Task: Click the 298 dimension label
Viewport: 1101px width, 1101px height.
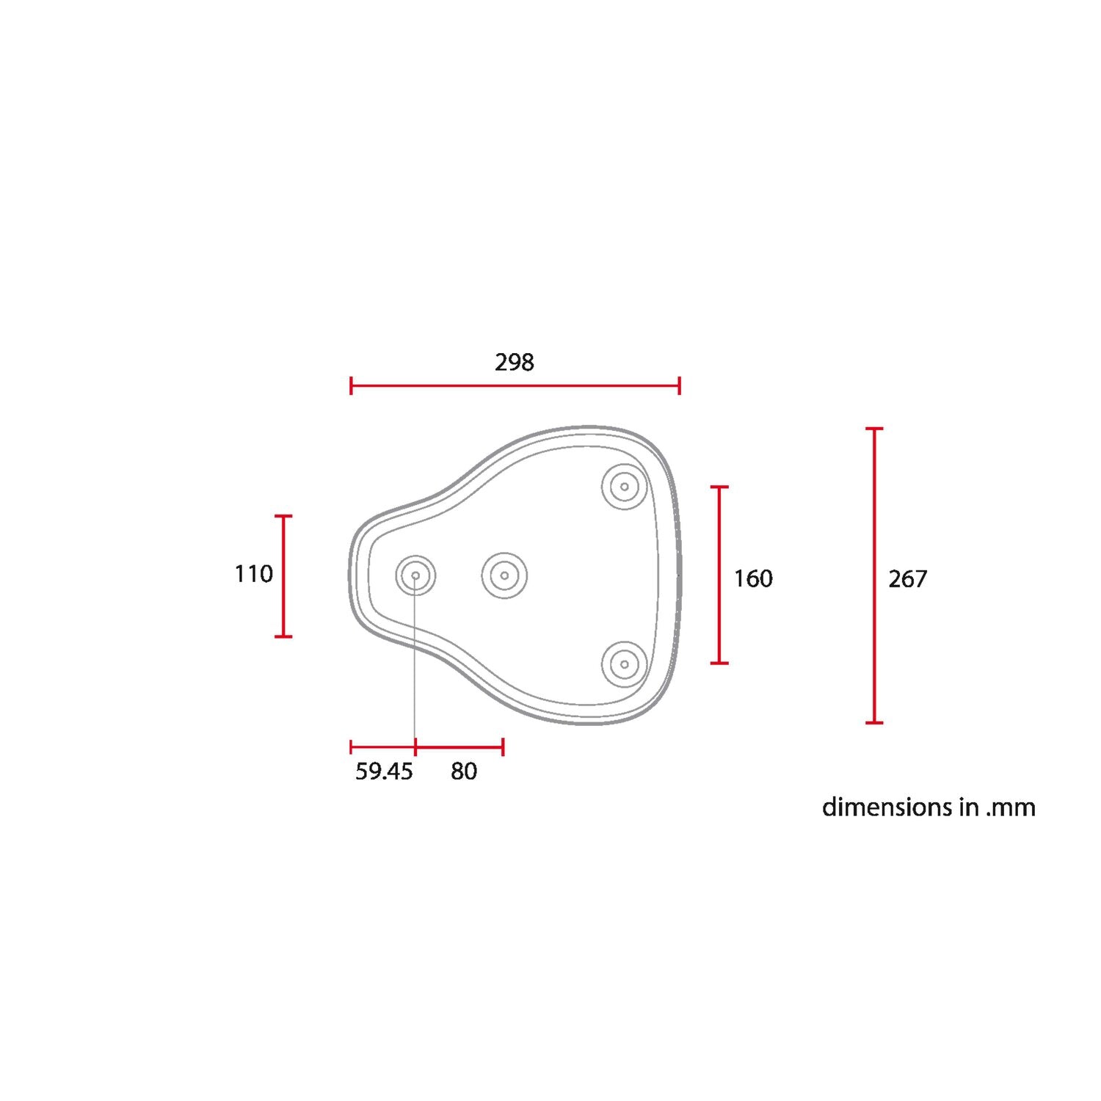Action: (x=514, y=362)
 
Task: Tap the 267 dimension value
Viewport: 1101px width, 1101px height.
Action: (x=908, y=579)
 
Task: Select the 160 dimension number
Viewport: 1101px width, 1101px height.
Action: (x=753, y=578)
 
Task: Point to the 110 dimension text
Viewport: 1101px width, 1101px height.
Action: (x=254, y=573)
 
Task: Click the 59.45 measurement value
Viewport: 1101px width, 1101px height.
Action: (x=385, y=771)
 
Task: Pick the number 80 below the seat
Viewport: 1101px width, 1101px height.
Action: (x=464, y=771)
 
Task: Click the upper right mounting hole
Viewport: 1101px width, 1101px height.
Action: (x=625, y=486)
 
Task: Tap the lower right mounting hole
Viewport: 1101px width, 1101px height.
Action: (x=625, y=664)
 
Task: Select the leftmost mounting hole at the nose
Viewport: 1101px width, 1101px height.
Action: (x=415, y=575)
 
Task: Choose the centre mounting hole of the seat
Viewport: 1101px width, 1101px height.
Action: (x=504, y=575)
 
